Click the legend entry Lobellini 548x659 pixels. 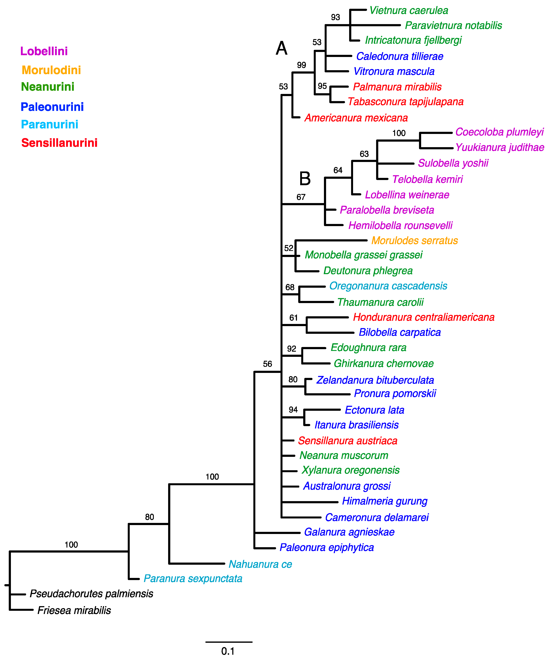[44, 51]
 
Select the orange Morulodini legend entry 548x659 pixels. [51, 70]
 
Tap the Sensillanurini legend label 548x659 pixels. [59, 143]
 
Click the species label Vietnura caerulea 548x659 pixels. [409, 10]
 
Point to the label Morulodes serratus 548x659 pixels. [415, 240]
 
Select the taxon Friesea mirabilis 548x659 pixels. [74, 610]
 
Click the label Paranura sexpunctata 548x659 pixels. [193, 578]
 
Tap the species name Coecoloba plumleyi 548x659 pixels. [499, 132]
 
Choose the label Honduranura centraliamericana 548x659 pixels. [424, 317]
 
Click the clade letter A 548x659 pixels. [281, 48]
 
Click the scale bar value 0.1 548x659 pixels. [228, 651]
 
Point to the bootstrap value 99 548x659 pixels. [301, 65]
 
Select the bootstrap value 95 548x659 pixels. [322, 86]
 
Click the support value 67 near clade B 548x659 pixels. [301, 197]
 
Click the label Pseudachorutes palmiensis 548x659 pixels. [91, 594]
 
